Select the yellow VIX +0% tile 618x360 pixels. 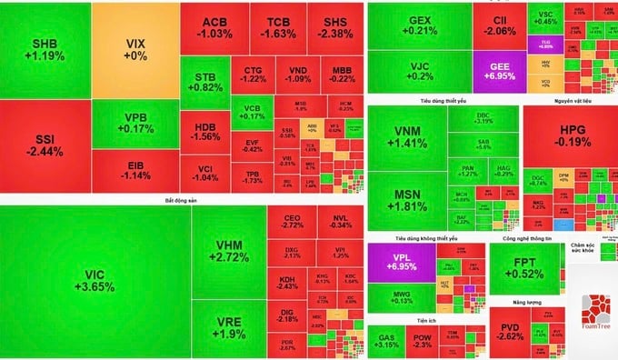135,48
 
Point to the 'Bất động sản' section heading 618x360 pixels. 181,199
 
